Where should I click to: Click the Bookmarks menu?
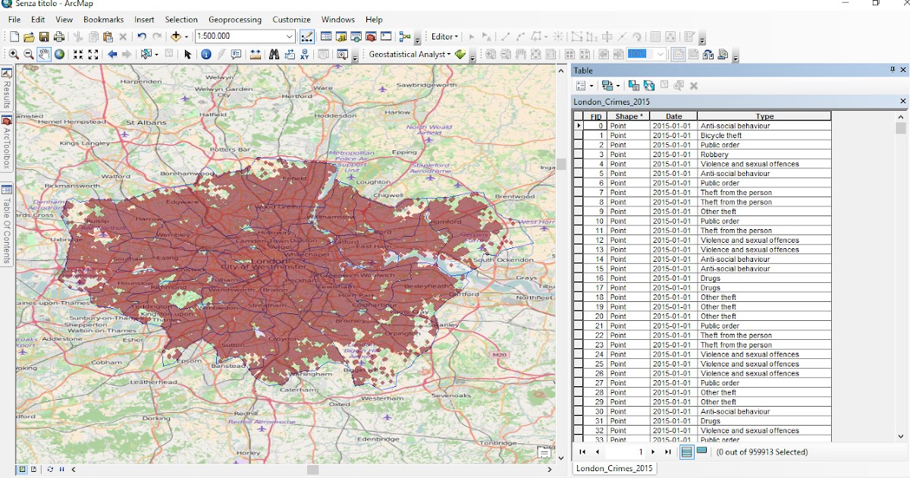(x=103, y=20)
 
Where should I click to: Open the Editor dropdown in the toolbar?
(x=444, y=36)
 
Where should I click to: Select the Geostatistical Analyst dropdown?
(x=409, y=55)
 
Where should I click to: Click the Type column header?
(x=764, y=116)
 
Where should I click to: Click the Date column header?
(x=673, y=116)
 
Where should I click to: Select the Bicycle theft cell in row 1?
(x=721, y=135)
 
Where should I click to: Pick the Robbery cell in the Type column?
(x=714, y=155)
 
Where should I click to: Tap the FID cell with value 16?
(x=599, y=278)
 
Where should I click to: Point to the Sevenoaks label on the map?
(x=450, y=395)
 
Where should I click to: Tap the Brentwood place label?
(x=515, y=196)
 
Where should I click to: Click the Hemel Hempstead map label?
(x=70, y=121)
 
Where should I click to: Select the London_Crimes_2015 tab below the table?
(x=614, y=468)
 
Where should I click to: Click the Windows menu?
(x=337, y=20)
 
